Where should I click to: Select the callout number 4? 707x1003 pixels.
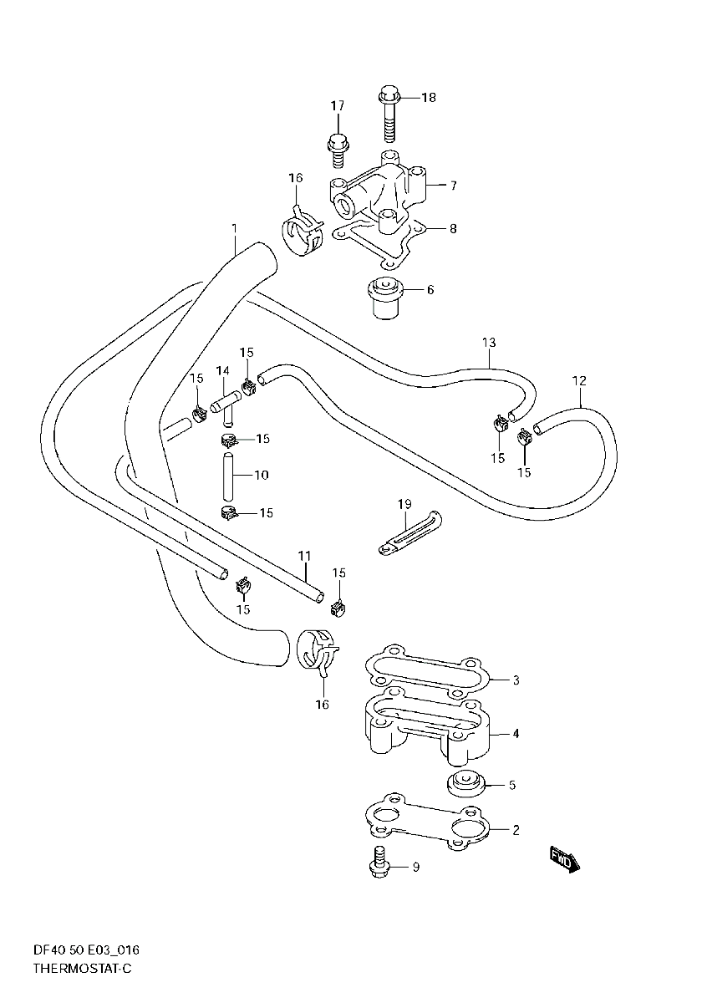[x=516, y=734]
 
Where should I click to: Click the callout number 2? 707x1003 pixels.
[x=516, y=830]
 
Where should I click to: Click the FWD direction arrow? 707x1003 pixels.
[x=563, y=858]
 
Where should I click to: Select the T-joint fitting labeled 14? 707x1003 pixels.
[x=226, y=405]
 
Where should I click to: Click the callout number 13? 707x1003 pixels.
[x=489, y=343]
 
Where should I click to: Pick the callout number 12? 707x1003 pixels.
[x=579, y=381]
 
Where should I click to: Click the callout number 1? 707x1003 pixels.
[x=235, y=228]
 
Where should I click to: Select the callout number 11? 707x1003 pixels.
[x=303, y=556]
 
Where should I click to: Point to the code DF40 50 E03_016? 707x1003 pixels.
[x=86, y=950]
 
